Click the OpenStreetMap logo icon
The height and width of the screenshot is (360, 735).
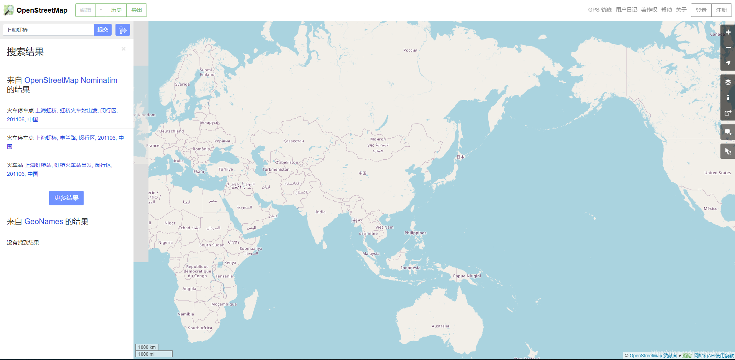point(8,10)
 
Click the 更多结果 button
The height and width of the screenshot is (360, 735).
point(66,198)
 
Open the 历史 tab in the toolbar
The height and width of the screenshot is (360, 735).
point(116,10)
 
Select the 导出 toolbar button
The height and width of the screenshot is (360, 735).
point(137,10)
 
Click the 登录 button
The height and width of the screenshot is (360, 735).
point(701,10)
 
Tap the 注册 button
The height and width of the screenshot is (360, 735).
point(721,10)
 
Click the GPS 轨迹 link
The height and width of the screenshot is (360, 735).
point(600,10)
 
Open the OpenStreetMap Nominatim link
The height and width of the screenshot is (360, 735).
point(71,80)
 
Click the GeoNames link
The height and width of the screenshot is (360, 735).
point(44,221)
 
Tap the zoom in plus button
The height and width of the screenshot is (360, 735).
point(728,32)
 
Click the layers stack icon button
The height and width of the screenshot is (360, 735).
point(728,82)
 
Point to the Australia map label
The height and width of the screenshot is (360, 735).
point(440,326)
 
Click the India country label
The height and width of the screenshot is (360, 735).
point(320,212)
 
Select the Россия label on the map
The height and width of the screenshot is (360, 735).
point(410,50)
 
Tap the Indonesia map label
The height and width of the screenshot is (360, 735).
point(410,268)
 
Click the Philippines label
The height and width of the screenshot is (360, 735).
point(415,233)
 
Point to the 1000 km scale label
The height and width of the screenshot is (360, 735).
point(147,347)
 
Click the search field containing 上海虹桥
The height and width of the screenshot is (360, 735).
point(48,30)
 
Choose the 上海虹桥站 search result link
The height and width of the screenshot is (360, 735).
point(38,165)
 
